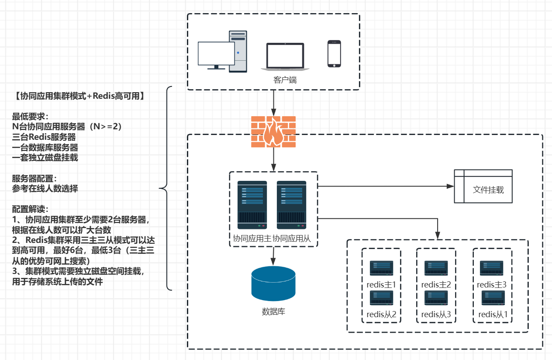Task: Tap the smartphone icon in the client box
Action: click(x=334, y=54)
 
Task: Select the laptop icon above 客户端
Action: click(x=285, y=57)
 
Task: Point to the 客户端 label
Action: click(x=286, y=80)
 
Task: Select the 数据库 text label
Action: click(x=273, y=312)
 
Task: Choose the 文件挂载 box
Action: click(x=483, y=186)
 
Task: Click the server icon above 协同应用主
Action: click(x=252, y=205)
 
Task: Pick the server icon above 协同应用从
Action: click(x=291, y=205)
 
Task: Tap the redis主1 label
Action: click(x=381, y=285)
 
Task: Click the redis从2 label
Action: click(x=381, y=314)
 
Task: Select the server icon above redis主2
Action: click(x=436, y=268)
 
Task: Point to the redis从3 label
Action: click(x=436, y=314)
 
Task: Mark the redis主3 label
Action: click(x=492, y=285)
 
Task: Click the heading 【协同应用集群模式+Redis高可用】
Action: click(x=79, y=96)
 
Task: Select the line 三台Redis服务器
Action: click(x=44, y=137)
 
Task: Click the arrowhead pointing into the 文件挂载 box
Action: click(x=451, y=186)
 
